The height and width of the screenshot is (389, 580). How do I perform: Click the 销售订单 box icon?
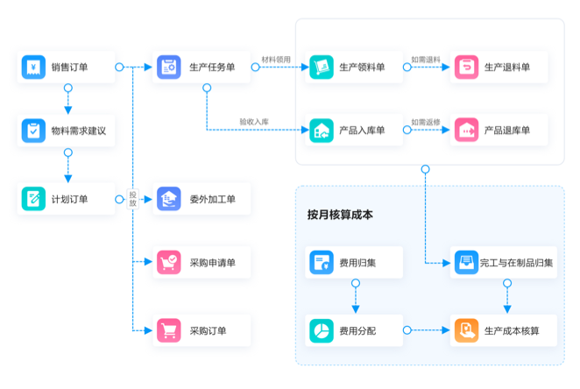(x=33, y=67)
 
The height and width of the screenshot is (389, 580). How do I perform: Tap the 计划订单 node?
(x=67, y=199)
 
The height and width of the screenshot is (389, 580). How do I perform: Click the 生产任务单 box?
(x=201, y=67)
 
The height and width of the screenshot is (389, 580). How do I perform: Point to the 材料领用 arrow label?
(x=275, y=60)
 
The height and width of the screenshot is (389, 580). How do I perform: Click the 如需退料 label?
(x=426, y=60)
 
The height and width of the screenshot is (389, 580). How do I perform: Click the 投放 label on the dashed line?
(x=133, y=199)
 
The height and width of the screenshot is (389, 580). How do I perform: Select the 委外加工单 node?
(x=201, y=199)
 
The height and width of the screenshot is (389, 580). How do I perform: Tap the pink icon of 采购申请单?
(x=167, y=262)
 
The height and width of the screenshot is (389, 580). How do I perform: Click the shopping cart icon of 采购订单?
(x=167, y=330)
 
